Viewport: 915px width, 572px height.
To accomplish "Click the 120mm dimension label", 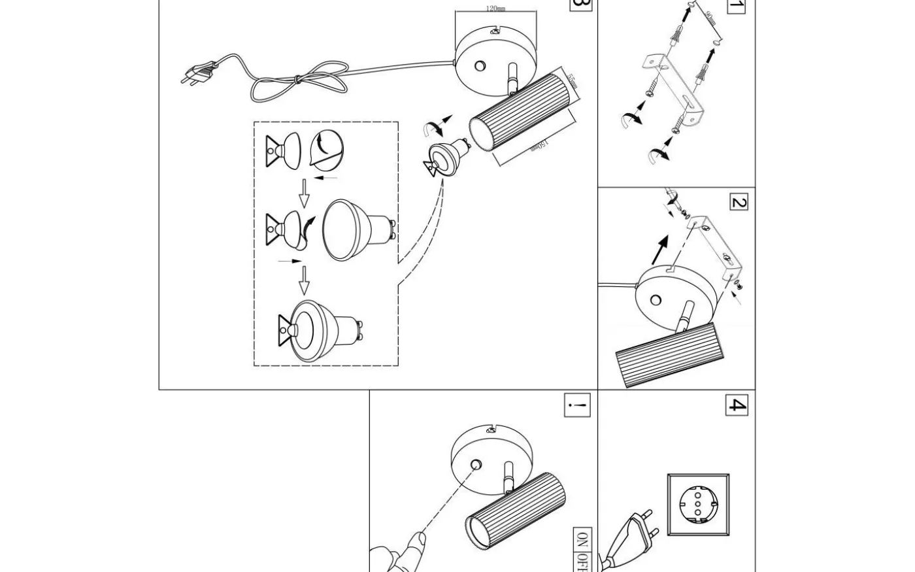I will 495,8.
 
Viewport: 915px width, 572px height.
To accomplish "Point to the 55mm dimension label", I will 572,82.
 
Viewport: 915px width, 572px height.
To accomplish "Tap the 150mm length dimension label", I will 539,144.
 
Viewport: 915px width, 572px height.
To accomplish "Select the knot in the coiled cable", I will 297,80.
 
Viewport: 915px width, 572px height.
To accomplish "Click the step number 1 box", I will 737,7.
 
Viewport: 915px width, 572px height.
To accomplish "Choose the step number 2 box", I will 738,203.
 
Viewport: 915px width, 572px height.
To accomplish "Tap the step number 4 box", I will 737,405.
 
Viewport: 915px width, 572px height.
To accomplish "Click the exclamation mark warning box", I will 577,405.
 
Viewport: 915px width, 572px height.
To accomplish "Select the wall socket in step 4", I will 698,505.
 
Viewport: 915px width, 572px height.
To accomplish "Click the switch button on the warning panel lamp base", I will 476,465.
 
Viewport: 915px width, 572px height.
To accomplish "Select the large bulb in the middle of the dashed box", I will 358,229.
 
